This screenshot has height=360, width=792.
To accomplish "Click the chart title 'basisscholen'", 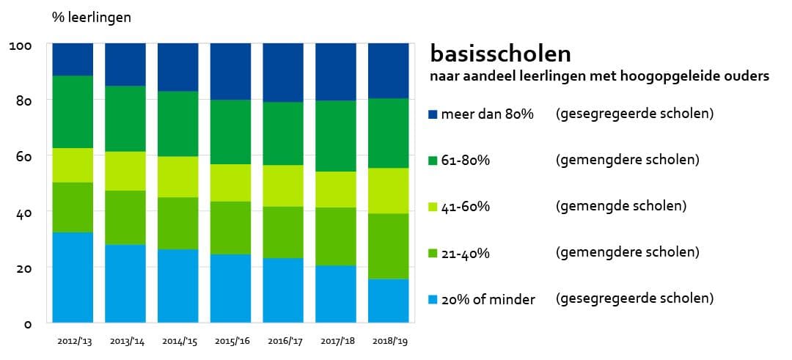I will point(500,54).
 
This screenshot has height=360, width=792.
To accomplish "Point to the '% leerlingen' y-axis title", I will point(92,17).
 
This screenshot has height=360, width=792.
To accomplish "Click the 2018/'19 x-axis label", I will point(388,341).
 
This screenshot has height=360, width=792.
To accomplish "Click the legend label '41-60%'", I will point(465,207).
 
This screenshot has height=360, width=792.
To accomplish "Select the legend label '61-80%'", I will point(465,161).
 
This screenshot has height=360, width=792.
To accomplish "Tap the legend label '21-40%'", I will point(465,253).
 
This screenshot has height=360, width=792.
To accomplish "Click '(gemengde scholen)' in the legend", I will point(620,206).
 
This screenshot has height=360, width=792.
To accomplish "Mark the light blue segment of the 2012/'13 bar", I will point(73,277).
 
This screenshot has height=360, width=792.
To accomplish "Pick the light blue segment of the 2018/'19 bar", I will point(388,301).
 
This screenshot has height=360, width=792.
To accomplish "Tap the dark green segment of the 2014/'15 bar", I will point(178,123).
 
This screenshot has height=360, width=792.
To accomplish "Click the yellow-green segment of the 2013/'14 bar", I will point(125,171).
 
